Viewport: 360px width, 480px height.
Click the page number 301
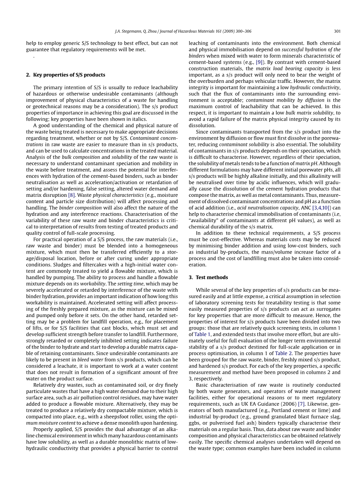[x=337, y=31]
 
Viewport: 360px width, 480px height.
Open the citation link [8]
[x=72, y=195]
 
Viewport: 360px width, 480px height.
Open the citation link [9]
[x=259, y=62]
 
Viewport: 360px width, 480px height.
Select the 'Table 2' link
[x=283, y=354]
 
